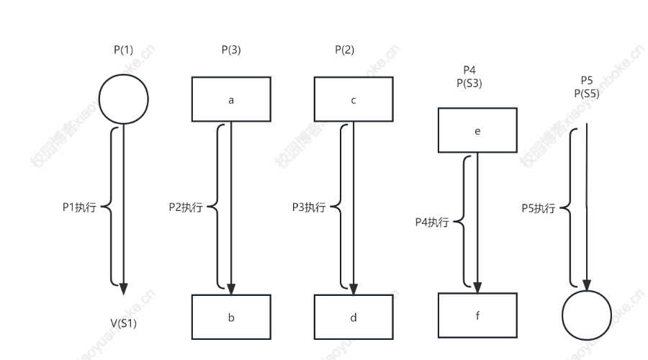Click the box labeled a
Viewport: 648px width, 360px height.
[x=230, y=99]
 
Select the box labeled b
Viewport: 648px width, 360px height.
[x=230, y=317]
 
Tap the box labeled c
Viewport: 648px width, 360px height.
[x=353, y=99]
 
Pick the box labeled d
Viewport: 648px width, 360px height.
[x=353, y=317]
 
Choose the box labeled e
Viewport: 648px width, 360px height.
[x=477, y=130]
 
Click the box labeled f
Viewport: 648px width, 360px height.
[x=477, y=315]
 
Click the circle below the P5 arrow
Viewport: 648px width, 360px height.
[x=587, y=315]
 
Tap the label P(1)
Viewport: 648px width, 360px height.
[x=123, y=50]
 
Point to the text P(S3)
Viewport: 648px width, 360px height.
[x=469, y=83]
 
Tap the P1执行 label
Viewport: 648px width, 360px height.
[x=79, y=207]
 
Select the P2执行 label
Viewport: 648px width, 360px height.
[x=185, y=207]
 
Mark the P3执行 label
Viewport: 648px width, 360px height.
[x=308, y=207]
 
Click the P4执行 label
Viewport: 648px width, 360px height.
[x=432, y=222]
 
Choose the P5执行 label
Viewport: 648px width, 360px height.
[x=539, y=208]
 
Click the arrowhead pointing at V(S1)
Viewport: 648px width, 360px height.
[x=124, y=288]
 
